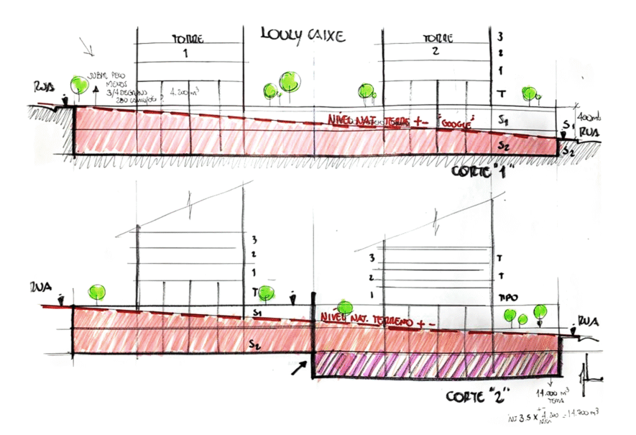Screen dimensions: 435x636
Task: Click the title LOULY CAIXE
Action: (302, 34)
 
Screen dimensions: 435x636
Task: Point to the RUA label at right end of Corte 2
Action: (587, 320)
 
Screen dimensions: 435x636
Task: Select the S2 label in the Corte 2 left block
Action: (252, 343)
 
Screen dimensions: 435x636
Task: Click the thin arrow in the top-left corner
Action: (90, 49)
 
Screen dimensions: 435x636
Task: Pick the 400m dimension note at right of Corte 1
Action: (586, 116)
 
